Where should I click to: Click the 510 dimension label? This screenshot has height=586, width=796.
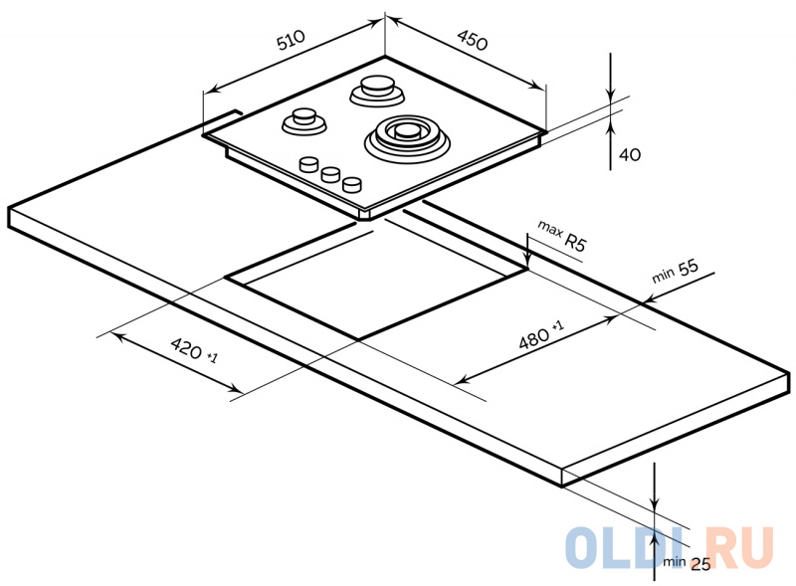pyautogui.click(x=291, y=40)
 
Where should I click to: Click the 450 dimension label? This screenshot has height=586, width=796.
pyautogui.click(x=472, y=40)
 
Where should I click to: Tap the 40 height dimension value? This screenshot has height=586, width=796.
pyautogui.click(x=630, y=154)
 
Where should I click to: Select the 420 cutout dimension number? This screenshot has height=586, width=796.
pyautogui.click(x=186, y=348)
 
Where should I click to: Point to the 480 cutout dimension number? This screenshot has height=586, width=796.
pyautogui.click(x=534, y=338)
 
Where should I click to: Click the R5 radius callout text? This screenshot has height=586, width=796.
pyautogui.click(x=575, y=242)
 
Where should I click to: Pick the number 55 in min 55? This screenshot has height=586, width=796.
pyautogui.click(x=688, y=268)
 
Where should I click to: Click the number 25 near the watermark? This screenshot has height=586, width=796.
pyautogui.click(x=700, y=564)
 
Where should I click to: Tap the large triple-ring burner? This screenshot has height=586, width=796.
pyautogui.click(x=407, y=136)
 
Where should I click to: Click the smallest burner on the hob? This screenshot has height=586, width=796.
pyautogui.click(x=304, y=121)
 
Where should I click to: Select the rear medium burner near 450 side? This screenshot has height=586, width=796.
pyautogui.click(x=377, y=91)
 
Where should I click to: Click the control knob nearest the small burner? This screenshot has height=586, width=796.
pyautogui.click(x=308, y=164)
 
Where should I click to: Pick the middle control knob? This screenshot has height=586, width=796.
pyautogui.click(x=330, y=174)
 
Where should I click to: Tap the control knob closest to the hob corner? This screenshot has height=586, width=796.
pyautogui.click(x=352, y=184)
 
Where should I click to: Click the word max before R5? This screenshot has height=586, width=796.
pyautogui.click(x=550, y=229)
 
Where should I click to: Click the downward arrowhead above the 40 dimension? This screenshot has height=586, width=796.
pyautogui.click(x=611, y=96)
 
